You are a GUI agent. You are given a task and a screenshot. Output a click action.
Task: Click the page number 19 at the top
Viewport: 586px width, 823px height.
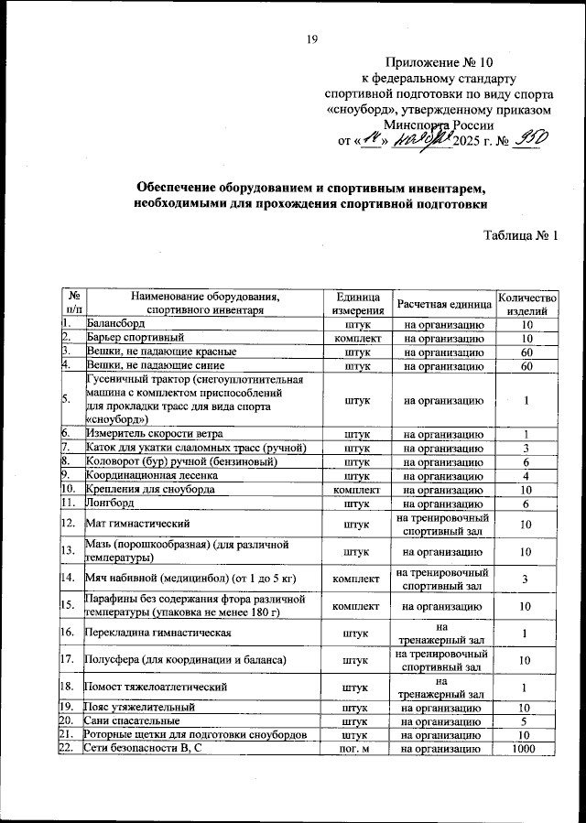click(x=312, y=38)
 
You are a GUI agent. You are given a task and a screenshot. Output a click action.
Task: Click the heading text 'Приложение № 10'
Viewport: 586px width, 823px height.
click(x=439, y=63)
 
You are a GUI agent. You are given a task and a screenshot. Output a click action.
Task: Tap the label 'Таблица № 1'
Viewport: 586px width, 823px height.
click(x=520, y=236)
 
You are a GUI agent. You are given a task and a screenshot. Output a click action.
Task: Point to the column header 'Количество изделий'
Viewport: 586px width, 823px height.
click(x=526, y=303)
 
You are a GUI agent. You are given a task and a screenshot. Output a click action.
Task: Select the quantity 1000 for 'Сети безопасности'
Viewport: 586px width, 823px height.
click(x=526, y=749)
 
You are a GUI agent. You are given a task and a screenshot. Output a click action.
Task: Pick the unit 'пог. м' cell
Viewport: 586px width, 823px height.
click(x=352, y=749)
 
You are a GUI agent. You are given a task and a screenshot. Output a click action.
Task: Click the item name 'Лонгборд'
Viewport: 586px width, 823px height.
click(x=110, y=504)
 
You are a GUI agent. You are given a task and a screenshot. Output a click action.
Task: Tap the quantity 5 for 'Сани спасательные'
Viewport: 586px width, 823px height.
click(x=526, y=720)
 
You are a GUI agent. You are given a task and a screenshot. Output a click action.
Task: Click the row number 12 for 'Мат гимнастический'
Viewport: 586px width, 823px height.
click(x=68, y=525)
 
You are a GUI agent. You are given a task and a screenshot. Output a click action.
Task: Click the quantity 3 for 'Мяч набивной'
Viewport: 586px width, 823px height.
click(x=526, y=579)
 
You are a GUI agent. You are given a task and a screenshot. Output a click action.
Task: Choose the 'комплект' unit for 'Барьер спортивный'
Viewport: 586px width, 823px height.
click(x=352, y=338)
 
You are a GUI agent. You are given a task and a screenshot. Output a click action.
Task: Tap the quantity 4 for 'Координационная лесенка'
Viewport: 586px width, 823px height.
click(x=526, y=476)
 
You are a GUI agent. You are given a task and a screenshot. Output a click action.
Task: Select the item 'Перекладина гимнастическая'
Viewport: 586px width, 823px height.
click(x=153, y=632)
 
